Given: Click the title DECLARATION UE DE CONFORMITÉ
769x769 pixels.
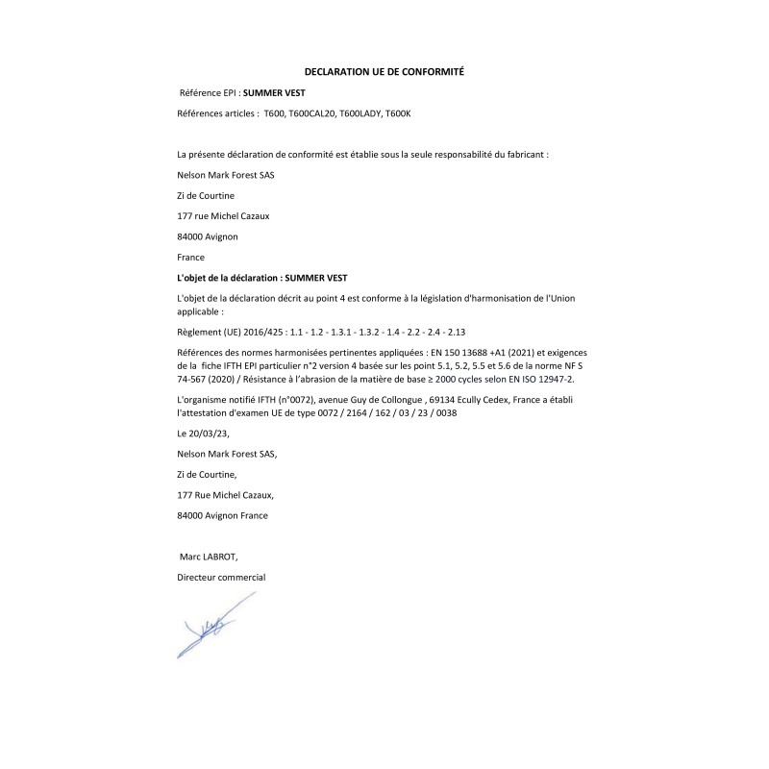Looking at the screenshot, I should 384,72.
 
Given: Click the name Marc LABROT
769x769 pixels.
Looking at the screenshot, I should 209,557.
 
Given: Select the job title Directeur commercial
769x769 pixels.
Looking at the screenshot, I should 221,577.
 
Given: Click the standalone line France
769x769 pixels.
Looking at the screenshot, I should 191,258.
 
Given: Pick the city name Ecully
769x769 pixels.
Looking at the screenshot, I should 477,398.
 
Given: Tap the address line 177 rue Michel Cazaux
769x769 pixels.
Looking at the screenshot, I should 224,215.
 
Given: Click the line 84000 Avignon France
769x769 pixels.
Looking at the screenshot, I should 223,515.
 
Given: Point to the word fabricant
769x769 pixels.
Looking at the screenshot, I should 525,154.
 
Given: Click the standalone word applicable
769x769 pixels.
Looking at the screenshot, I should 200,311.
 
